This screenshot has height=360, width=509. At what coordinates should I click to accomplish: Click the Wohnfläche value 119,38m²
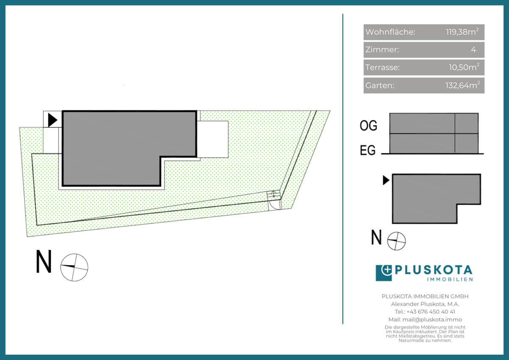[462, 31]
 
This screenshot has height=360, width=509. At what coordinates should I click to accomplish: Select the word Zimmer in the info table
[381, 49]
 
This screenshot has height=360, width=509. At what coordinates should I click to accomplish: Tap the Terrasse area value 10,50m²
[464, 67]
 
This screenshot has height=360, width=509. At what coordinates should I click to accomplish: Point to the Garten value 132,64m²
[463, 85]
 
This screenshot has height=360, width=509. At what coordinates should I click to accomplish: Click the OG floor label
[368, 126]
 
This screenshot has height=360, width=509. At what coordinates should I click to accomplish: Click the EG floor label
[368, 150]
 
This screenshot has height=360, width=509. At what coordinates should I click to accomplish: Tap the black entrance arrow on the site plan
[53, 120]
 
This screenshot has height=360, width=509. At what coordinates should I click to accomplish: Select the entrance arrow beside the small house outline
[386, 180]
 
